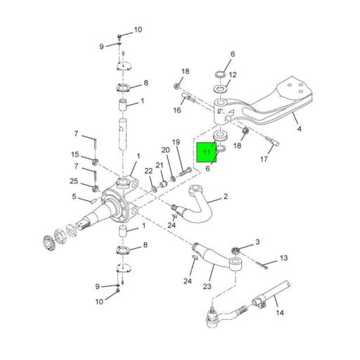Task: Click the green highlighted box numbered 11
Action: tap(206, 152)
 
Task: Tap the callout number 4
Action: tap(300, 129)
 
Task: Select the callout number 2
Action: tap(226, 196)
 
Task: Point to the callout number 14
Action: tap(280, 312)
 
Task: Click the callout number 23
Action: tap(207, 286)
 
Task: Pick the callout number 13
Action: tap(284, 258)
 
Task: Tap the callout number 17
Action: tap(264, 159)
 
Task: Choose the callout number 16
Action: tap(177, 110)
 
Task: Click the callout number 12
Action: tap(233, 75)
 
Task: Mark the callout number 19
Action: tap(176, 142)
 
